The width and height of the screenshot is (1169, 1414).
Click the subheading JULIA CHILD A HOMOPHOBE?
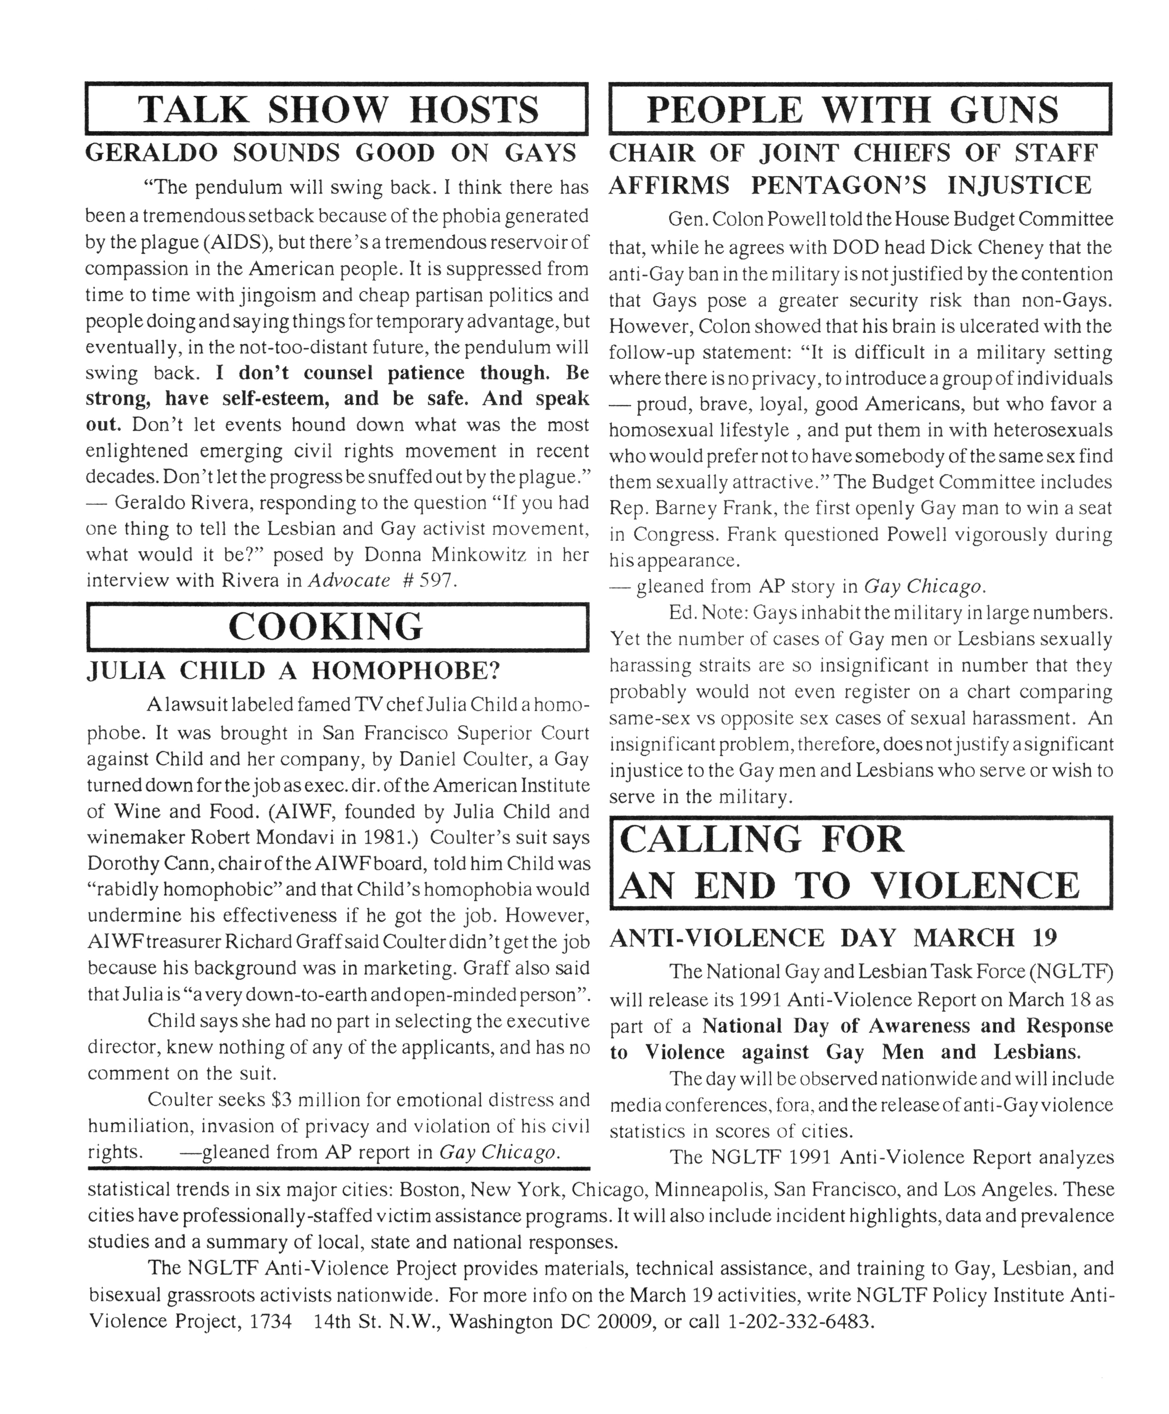point(294,671)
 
